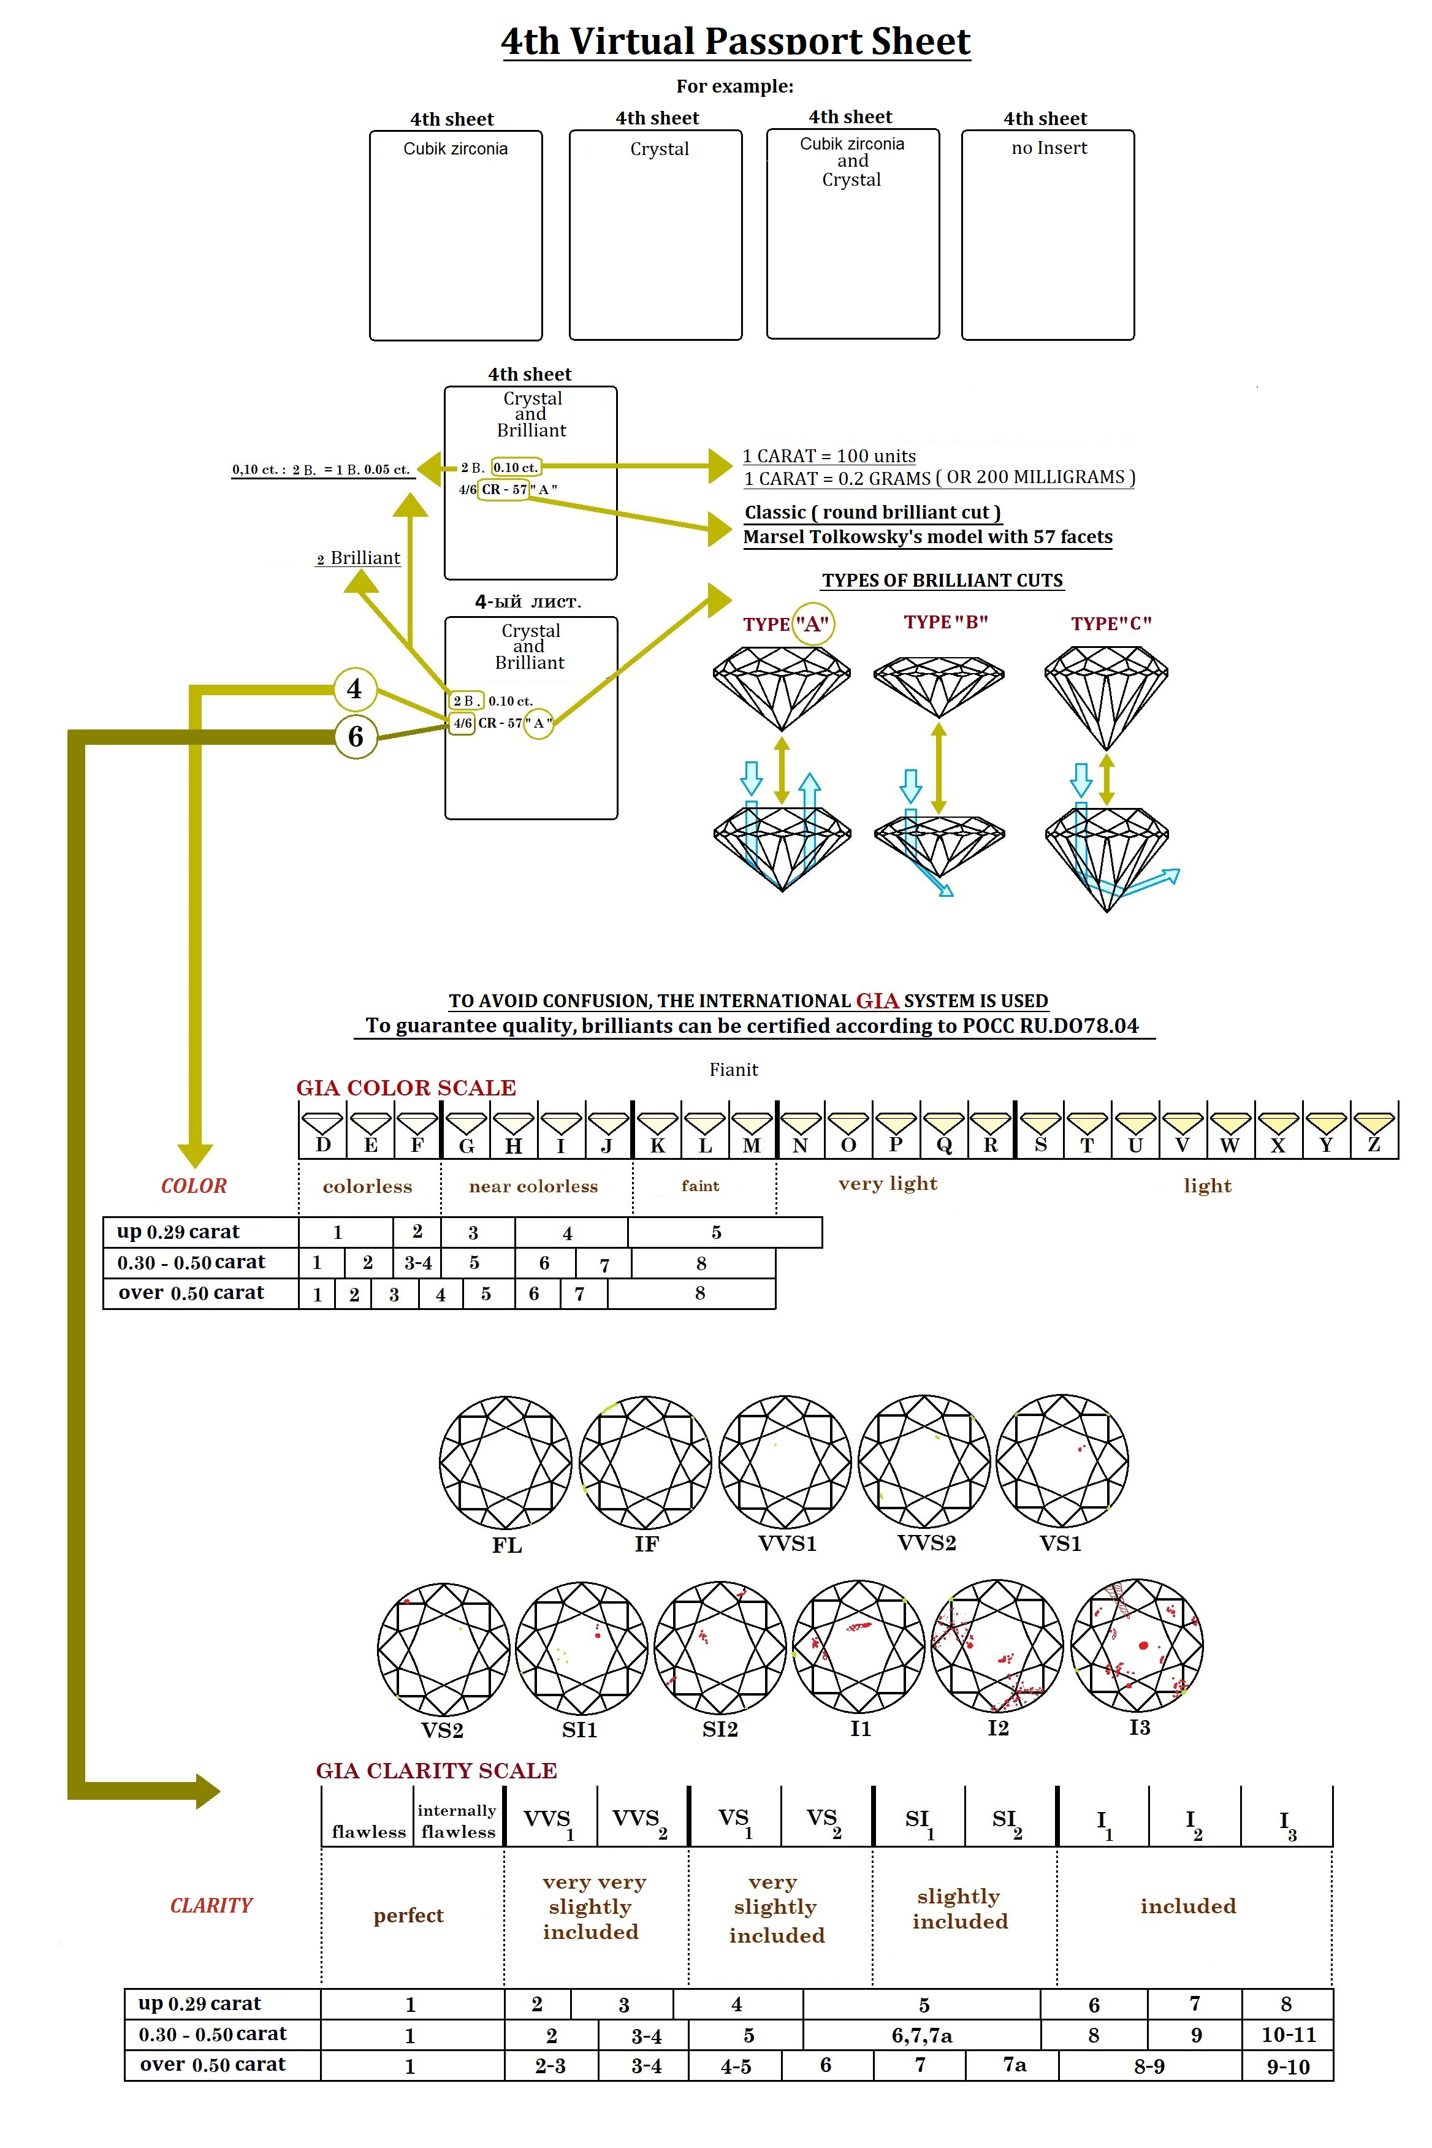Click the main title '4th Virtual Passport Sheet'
coord(735,41)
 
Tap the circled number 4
coord(354,688)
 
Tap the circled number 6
coord(356,736)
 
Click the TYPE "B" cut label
coord(945,622)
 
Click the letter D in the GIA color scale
coord(322,1145)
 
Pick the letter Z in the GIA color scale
coord(1374,1145)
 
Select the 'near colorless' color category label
coord(533,1186)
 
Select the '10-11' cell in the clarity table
coord(1288,2035)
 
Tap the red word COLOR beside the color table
coord(194,1186)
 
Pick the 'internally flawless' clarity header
coord(457,1821)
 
